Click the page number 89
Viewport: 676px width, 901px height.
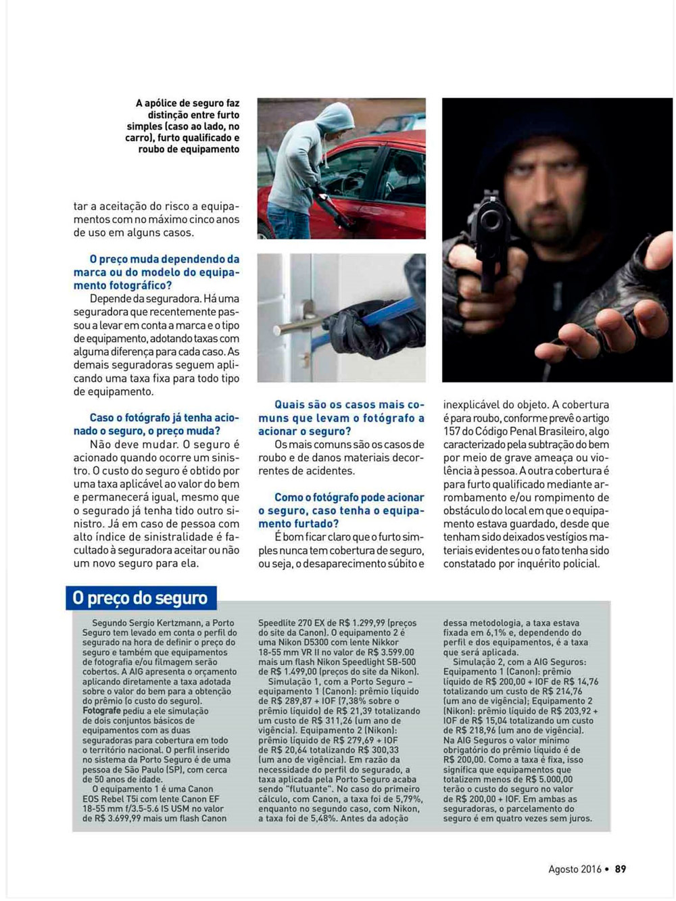pyautogui.click(x=621, y=869)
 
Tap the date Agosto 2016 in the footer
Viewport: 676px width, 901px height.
pyautogui.click(x=575, y=869)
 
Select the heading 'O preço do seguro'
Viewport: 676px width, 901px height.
pyautogui.click(x=141, y=598)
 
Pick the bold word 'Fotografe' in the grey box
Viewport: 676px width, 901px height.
pyautogui.click(x=101, y=711)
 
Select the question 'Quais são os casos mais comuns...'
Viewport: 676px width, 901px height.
pyautogui.click(x=341, y=418)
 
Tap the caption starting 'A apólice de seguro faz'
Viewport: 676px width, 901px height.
pyautogui.click(x=187, y=126)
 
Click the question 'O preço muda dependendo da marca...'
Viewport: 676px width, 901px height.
pyautogui.click(x=157, y=272)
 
